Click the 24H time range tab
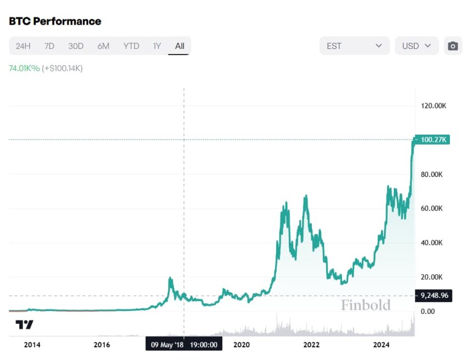click(23, 46)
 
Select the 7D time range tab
click(50, 46)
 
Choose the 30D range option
click(76, 46)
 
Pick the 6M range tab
click(103, 46)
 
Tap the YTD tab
click(131, 46)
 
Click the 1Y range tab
click(157, 46)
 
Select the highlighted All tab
click(179, 46)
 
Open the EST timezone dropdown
click(354, 46)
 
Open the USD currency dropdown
click(416, 46)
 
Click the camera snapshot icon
click(453, 46)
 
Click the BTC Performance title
click(55, 21)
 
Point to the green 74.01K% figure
click(24, 68)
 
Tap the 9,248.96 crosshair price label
click(434, 296)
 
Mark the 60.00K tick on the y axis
click(432, 208)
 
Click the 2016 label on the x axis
click(102, 345)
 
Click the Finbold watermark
click(365, 305)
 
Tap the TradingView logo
click(24, 324)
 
